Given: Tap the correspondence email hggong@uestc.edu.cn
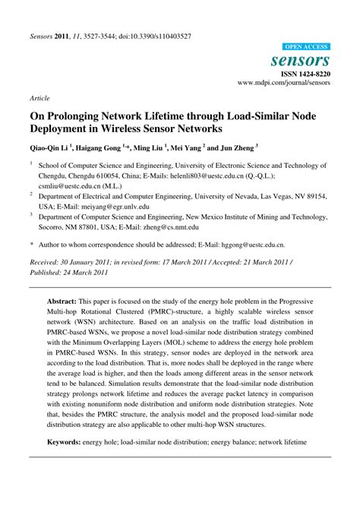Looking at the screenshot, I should [252, 245].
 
